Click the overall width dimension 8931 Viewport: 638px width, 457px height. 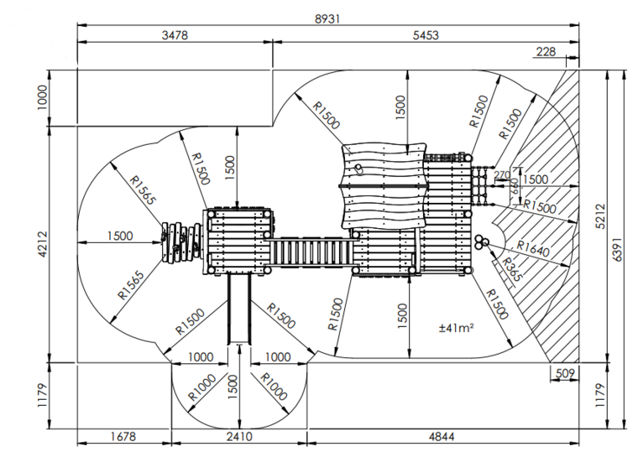point(328,18)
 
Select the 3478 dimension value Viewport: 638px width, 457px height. point(175,35)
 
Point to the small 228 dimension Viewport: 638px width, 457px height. point(546,52)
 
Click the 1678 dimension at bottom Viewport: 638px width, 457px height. point(123,436)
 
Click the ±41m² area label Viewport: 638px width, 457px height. point(457,328)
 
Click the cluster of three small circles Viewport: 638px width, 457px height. point(481,242)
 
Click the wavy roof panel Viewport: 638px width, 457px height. point(383,188)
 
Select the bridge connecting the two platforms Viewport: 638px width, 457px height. point(310,251)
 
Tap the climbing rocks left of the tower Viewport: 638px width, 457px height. point(180,241)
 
